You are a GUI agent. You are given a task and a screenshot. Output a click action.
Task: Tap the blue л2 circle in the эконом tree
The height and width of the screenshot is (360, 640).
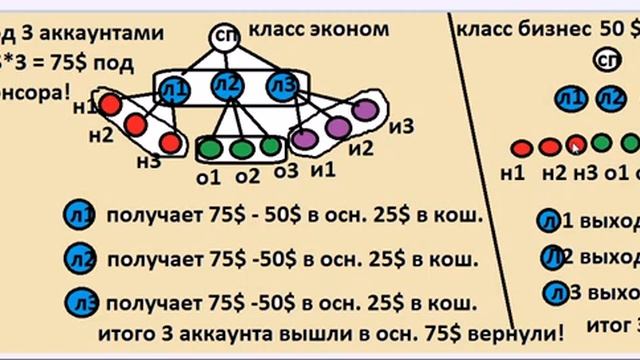[x=228, y=86]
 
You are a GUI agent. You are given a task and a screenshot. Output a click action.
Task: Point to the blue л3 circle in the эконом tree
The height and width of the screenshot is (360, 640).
[x=281, y=89]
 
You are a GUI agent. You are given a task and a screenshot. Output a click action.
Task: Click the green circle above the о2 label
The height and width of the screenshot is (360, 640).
[x=241, y=148]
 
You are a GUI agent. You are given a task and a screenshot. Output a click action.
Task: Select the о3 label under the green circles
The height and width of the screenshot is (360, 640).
[x=286, y=172]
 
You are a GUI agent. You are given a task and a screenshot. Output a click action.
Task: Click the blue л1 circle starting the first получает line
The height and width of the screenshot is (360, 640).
[x=78, y=214]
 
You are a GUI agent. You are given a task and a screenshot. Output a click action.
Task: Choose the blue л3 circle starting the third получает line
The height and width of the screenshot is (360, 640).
[x=80, y=301]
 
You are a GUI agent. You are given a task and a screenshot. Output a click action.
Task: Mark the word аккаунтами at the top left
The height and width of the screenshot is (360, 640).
[x=109, y=32]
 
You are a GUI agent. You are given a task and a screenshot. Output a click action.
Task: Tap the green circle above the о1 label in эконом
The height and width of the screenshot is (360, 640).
[x=210, y=148]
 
